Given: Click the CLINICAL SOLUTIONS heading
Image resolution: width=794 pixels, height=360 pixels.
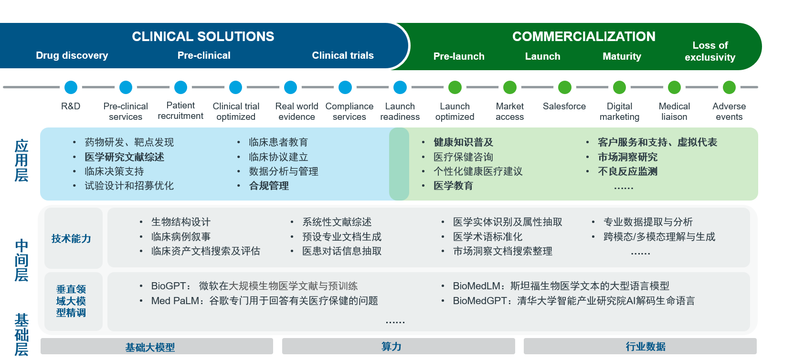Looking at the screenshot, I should pos(203,37).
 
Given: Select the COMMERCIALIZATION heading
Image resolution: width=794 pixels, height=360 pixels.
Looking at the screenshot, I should pos(583,37).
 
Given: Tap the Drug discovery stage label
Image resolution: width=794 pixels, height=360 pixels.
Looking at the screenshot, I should pos(72,55).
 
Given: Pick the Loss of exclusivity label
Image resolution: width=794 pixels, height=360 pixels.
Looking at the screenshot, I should pos(710,51).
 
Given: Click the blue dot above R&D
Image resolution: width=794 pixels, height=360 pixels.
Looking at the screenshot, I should pos(71,87).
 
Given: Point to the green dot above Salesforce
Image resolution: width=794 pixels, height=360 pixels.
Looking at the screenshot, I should pos(565,87).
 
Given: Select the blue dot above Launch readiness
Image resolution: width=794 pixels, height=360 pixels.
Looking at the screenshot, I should pos(400,87).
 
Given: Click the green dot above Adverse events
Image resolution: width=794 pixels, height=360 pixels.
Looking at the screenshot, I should pos(729,87).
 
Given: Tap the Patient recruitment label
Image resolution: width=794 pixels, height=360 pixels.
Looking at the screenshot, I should pos(180,111).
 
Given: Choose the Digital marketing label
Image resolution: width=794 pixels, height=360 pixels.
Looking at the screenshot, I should pos(619,111).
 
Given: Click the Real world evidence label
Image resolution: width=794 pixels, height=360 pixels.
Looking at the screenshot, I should pos(296,111).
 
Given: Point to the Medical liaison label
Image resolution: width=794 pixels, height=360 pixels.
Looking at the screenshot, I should pos(674,111).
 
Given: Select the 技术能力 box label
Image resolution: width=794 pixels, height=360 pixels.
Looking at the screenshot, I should pos(72,239).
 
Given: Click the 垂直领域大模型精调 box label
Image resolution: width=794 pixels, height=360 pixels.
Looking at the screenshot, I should pos(71,301).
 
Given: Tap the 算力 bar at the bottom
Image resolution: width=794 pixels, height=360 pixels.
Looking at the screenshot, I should pos(392,347).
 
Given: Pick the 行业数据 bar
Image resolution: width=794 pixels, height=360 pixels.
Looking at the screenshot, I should pos(646,347).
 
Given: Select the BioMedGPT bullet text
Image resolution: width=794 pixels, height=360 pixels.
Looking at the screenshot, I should pos(573,301).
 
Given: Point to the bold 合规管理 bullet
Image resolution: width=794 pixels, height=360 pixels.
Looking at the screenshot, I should pos(269,186).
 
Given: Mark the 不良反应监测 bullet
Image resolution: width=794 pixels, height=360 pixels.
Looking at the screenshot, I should pos(627,171).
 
